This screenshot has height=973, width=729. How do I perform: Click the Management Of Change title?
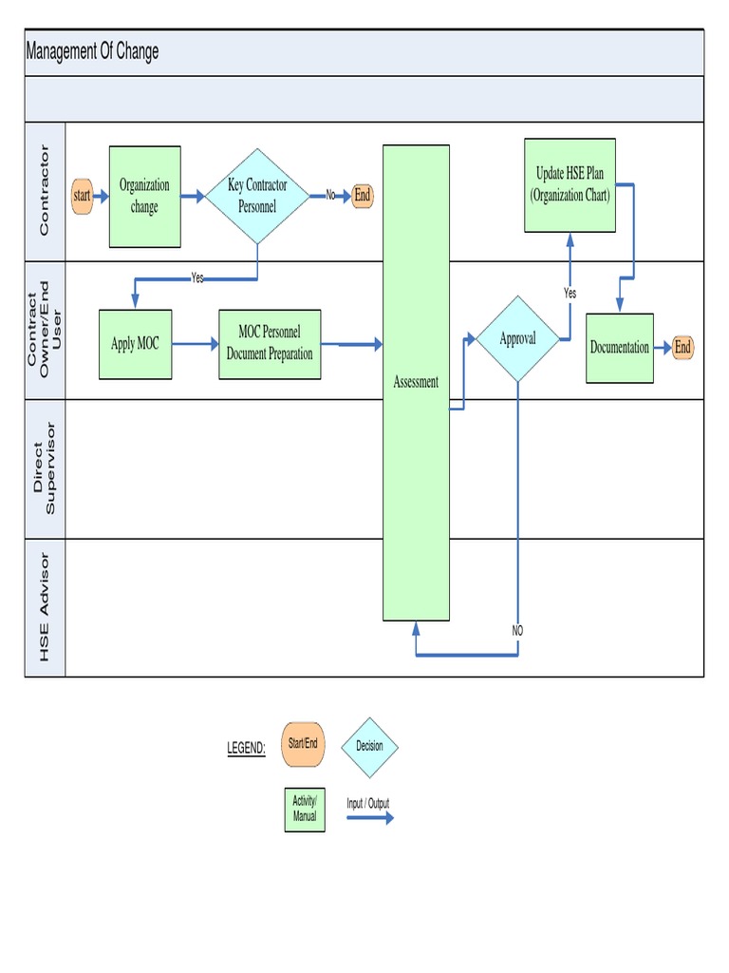[92, 52]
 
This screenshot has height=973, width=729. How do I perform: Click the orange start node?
[83, 196]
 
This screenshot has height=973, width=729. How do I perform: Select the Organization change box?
[144, 196]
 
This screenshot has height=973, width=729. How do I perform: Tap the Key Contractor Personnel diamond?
[257, 196]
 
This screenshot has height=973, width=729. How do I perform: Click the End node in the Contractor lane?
[362, 196]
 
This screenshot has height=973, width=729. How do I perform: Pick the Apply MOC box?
[135, 344]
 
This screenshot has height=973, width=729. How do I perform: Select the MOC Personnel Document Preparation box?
[270, 344]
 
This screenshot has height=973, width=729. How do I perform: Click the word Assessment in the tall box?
[416, 382]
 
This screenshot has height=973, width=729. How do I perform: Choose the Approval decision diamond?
[517, 338]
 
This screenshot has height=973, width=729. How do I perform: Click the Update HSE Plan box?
[570, 185]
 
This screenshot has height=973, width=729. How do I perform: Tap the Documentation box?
[620, 348]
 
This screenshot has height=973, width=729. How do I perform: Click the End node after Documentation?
[682, 348]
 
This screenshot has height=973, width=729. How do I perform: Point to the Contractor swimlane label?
[45, 191]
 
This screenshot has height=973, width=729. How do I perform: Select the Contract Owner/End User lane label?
[45, 330]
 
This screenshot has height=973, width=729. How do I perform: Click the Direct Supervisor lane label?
[45, 468]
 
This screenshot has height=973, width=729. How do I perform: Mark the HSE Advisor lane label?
[45, 608]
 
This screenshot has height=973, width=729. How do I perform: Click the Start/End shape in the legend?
[303, 744]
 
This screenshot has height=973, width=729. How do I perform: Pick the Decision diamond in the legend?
[369, 747]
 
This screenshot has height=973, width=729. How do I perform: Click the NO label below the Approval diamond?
[517, 631]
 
